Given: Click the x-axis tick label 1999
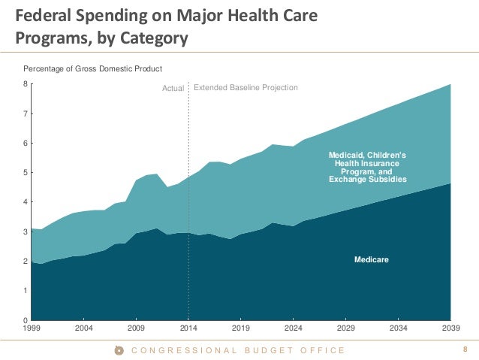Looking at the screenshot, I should pos(31,328).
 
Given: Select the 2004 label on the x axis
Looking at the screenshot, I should pos(83,328).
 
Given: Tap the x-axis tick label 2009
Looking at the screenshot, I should pos(136,328).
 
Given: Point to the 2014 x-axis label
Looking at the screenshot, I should pos(188,328).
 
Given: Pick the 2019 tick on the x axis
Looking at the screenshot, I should pos(241,328).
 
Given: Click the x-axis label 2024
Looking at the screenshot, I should pos(294,328).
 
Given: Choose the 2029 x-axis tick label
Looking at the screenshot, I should pos(346,328).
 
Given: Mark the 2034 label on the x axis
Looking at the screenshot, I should pos(399,328).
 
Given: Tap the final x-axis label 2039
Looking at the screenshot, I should pos(450,328).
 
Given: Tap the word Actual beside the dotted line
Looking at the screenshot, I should pos(173,89).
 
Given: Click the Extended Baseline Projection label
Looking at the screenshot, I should pos(246,88).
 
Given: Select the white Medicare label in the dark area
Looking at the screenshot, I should pos(372,259).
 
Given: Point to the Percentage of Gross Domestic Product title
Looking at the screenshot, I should pos(92,69).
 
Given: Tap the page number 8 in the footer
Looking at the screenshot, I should pos(465,349).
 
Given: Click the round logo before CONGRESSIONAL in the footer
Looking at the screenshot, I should pos(119,350).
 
